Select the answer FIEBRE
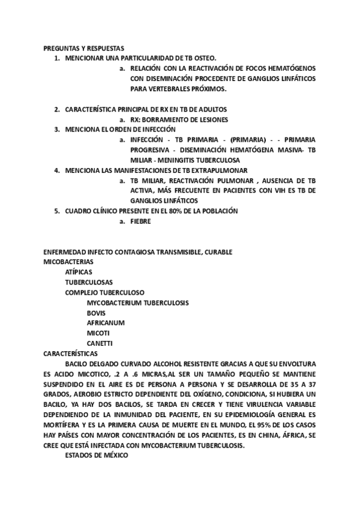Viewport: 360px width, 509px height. [x=140, y=221]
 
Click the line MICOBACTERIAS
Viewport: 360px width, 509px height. [x=68, y=262]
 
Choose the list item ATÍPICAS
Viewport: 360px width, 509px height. [x=79, y=272]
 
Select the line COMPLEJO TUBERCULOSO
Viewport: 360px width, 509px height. [x=101, y=292]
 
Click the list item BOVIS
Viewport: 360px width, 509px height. [x=96, y=313]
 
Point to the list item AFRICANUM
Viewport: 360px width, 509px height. [x=106, y=323]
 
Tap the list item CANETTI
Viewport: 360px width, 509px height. [x=100, y=343]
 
